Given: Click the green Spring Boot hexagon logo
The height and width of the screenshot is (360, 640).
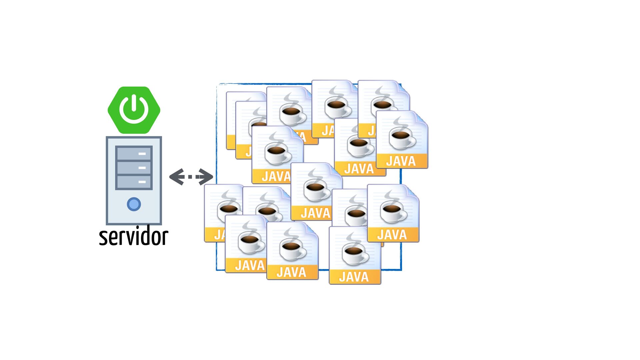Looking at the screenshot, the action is click(134, 110).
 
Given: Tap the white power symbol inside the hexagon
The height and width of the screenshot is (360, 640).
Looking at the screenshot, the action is click(134, 108).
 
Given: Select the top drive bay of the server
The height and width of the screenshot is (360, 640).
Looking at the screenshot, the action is click(134, 153).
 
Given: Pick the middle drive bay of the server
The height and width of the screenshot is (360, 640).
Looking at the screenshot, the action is click(134, 168).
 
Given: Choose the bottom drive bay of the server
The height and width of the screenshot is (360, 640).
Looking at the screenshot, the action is click(134, 182).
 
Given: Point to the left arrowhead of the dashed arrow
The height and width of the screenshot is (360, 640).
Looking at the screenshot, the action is click(177, 177).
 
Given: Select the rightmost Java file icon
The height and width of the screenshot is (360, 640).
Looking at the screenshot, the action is click(402, 139).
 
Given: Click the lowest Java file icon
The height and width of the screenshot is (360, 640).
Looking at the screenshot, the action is click(355, 255).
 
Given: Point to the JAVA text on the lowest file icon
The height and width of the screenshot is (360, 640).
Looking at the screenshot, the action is click(354, 277).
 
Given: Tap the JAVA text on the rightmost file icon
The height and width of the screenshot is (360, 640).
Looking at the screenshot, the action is click(401, 161).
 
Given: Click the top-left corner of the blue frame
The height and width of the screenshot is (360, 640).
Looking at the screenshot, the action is click(217, 84).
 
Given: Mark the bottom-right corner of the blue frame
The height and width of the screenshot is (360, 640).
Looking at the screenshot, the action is click(401, 270).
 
